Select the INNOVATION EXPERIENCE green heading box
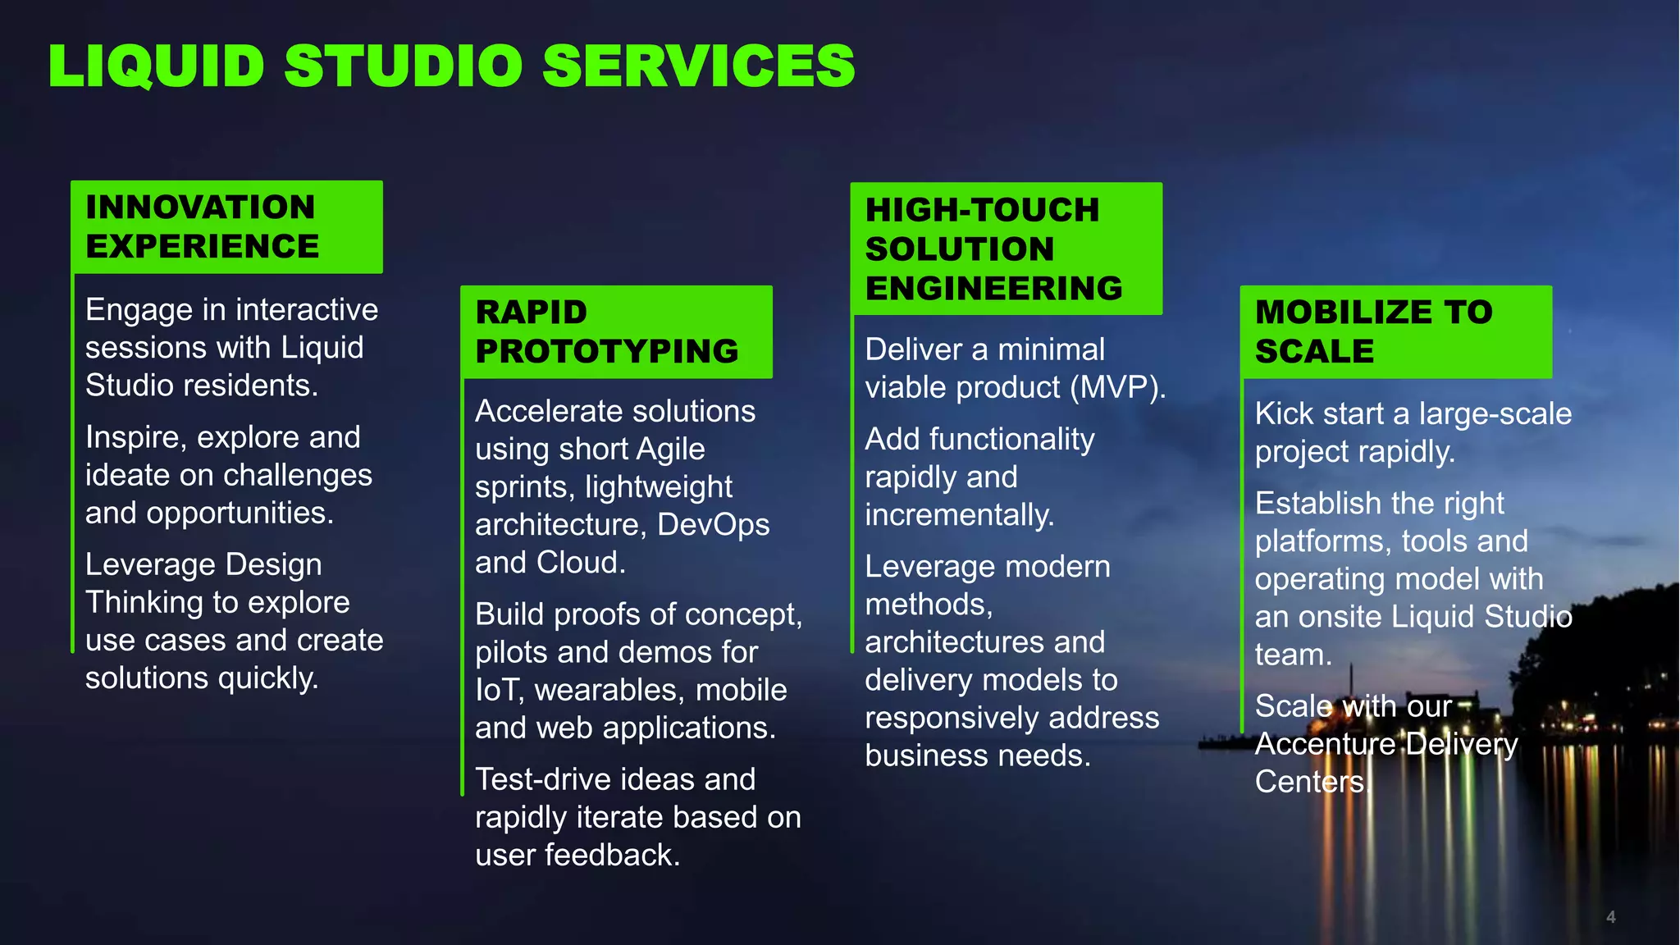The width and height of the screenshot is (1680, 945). click(226, 226)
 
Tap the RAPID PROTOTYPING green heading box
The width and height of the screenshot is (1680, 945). click(615, 331)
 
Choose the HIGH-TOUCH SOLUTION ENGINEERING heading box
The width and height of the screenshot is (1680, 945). click(1006, 249)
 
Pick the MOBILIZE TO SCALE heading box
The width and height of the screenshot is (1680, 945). click(1395, 331)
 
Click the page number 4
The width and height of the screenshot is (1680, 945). click(1610, 917)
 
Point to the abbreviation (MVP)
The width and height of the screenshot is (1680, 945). click(1117, 387)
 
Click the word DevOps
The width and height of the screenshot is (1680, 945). click(713, 524)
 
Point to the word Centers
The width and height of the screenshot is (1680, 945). click(1311, 782)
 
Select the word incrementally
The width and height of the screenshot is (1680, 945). click(959, 515)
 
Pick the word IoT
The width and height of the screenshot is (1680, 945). click(499, 690)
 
